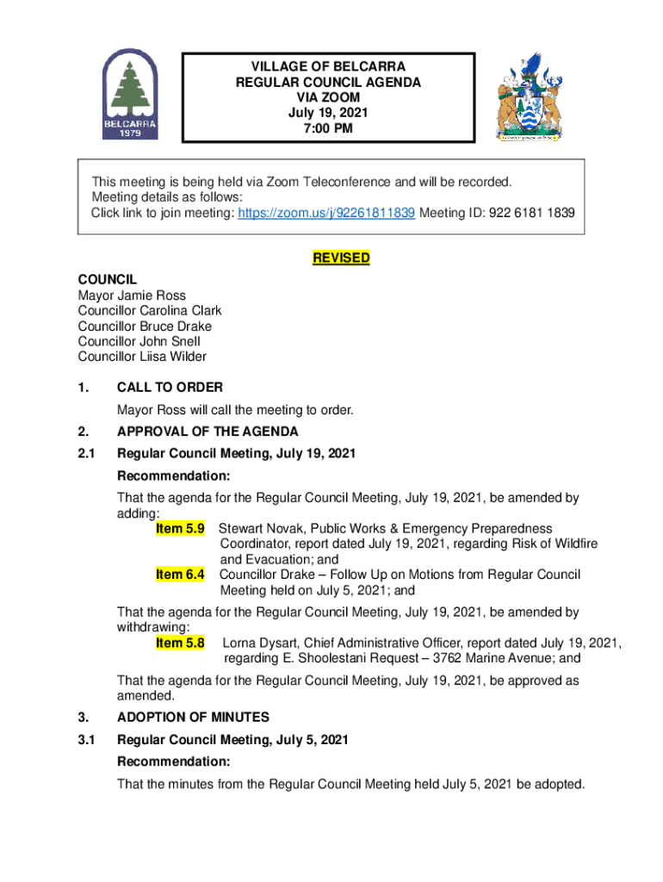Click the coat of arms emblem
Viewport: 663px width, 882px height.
(528, 96)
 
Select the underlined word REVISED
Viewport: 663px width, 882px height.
(341, 258)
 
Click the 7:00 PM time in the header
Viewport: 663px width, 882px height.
(329, 129)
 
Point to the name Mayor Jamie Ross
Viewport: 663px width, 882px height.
(132, 295)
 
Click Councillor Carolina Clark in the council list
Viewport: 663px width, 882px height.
(150, 311)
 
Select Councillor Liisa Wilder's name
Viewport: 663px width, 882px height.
(142, 357)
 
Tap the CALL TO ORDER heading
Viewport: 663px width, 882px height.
(170, 388)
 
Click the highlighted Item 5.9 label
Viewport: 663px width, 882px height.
(180, 528)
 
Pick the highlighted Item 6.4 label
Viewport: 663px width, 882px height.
(180, 575)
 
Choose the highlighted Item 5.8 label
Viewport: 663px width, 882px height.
(180, 643)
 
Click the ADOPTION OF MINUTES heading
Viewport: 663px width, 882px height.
(193, 717)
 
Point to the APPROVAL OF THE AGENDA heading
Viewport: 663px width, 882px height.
(208, 432)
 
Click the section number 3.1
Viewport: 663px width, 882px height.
(87, 739)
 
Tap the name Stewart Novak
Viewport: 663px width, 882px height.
(259, 528)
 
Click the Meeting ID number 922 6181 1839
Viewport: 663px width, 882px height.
(532, 213)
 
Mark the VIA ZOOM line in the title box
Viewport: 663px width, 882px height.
(329, 98)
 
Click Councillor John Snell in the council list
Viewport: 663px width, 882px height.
(139, 341)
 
